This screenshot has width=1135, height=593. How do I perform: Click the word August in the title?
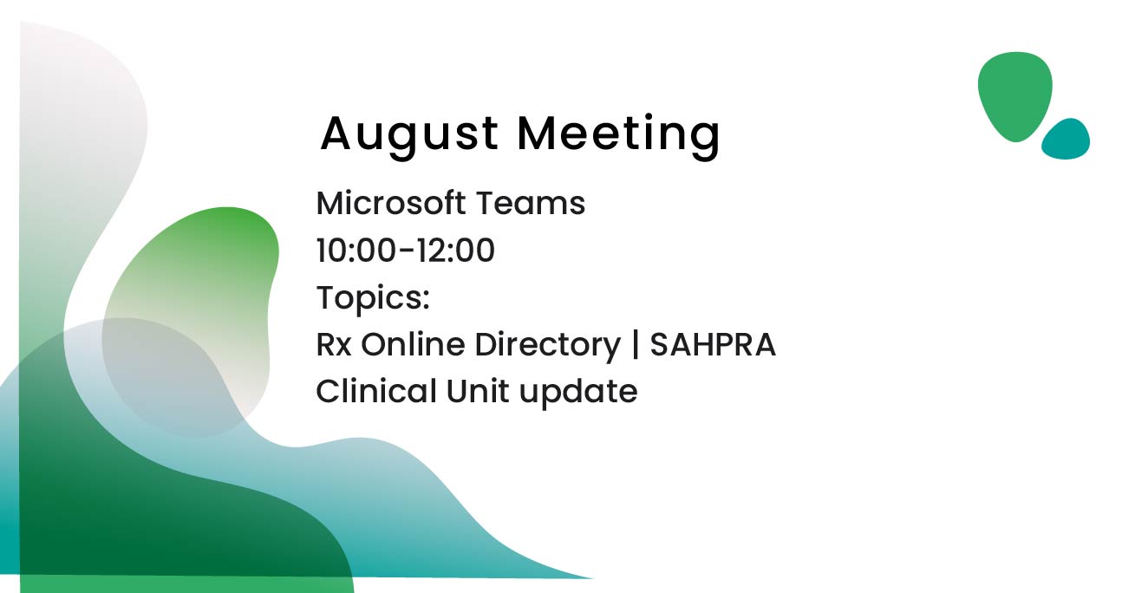(x=409, y=135)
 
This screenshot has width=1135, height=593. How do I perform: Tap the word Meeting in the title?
(x=618, y=135)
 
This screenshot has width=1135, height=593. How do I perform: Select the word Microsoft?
(x=391, y=203)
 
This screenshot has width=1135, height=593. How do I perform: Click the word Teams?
(x=530, y=203)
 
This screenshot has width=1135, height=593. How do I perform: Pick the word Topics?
(x=373, y=297)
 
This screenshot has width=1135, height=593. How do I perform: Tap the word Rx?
(x=334, y=345)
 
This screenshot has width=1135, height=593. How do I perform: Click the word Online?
(x=413, y=345)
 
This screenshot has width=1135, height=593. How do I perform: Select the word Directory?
(x=547, y=346)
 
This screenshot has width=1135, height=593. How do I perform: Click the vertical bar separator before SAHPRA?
(x=636, y=345)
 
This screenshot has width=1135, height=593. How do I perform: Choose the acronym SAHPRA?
(x=713, y=345)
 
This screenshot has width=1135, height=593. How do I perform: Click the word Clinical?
(x=376, y=391)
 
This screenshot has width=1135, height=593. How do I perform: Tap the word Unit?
(x=477, y=391)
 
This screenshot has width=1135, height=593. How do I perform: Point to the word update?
(x=578, y=392)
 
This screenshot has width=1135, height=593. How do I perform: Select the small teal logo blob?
(x=1067, y=140)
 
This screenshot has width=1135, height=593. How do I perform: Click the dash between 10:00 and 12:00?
(x=407, y=251)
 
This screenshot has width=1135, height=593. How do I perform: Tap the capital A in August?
(x=337, y=133)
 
